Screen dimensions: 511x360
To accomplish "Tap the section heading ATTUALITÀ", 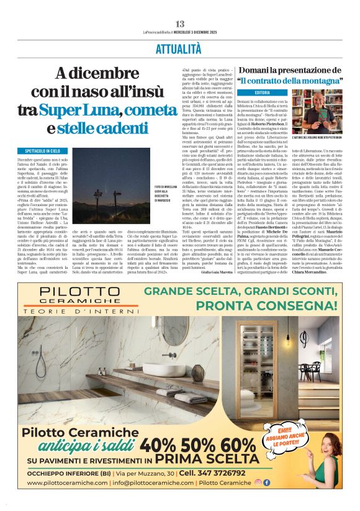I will click(180, 49).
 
